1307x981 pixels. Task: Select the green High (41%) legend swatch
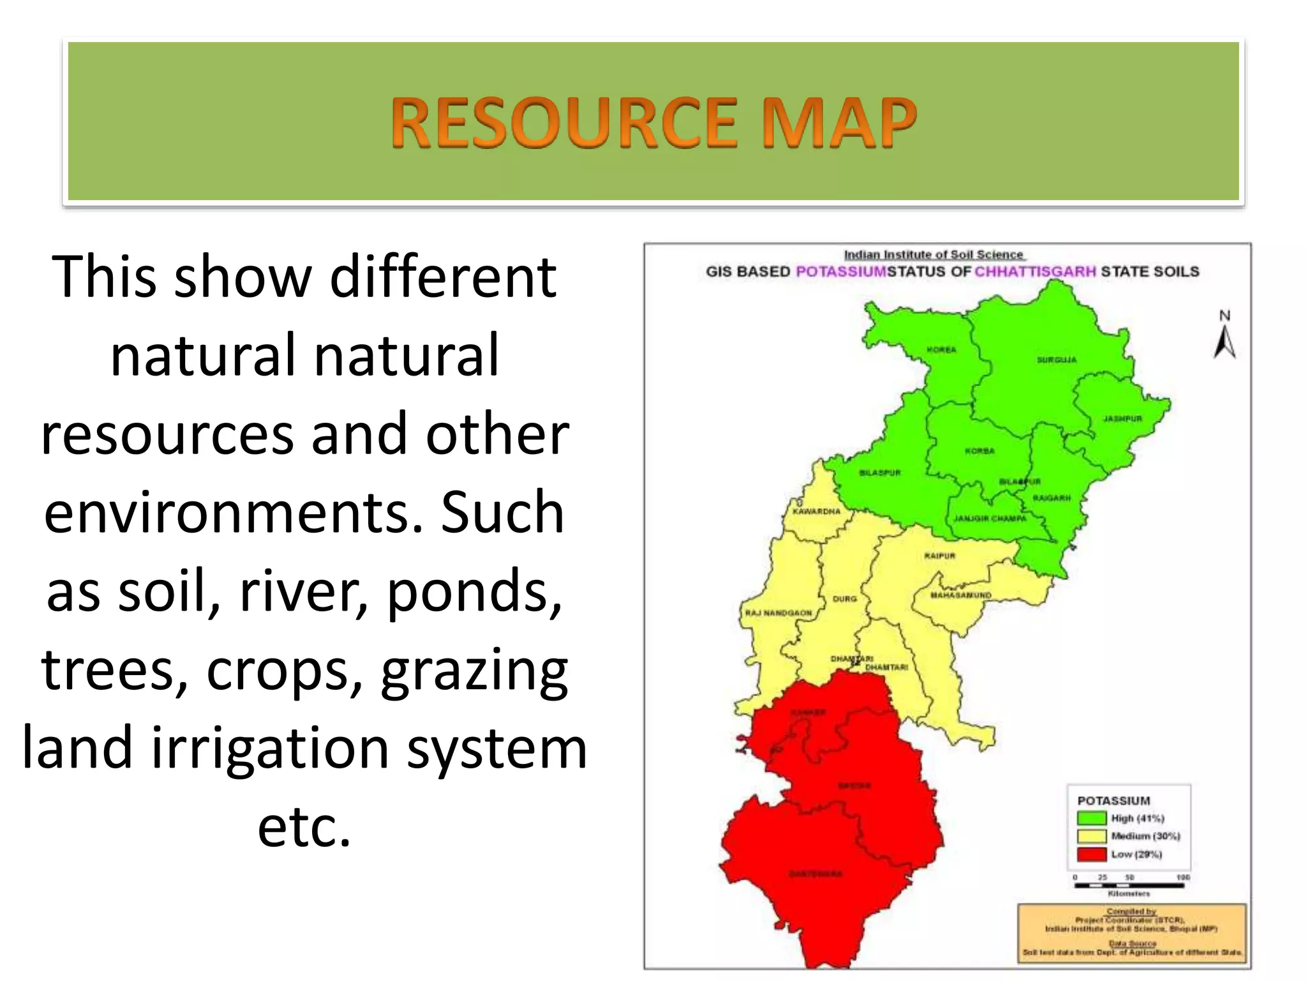coord(1091,818)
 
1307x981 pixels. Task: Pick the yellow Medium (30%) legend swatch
coord(1091,836)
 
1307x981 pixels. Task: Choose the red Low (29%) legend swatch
coord(1091,854)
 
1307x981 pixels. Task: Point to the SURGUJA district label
coord(1056,360)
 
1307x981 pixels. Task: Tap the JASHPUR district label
coord(1123,419)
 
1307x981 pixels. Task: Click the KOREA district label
coord(941,350)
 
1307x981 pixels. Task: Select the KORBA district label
coord(980,451)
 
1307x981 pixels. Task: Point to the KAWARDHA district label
coord(816,512)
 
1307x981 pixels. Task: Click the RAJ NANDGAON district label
coord(779,613)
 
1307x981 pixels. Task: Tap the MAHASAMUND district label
coord(960,595)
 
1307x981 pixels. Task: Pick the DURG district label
coord(844,599)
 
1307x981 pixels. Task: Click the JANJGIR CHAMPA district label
coord(990,519)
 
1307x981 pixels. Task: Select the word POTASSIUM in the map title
coord(841,271)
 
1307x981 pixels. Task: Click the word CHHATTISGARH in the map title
coord(1035,271)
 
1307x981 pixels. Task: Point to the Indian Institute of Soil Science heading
coord(934,255)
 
